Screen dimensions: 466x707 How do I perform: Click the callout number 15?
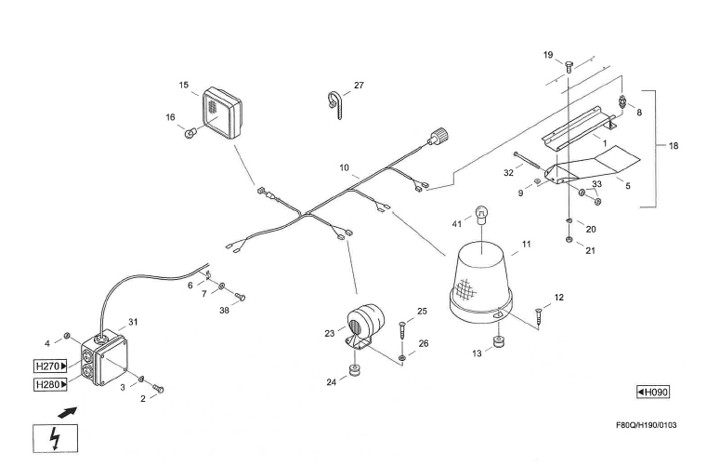tap(184, 85)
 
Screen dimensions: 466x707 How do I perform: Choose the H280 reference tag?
tap(50, 384)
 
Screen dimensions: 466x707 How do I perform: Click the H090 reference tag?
tap(652, 392)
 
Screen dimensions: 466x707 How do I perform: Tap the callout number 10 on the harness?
tap(344, 169)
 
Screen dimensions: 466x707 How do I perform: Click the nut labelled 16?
tap(190, 133)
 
